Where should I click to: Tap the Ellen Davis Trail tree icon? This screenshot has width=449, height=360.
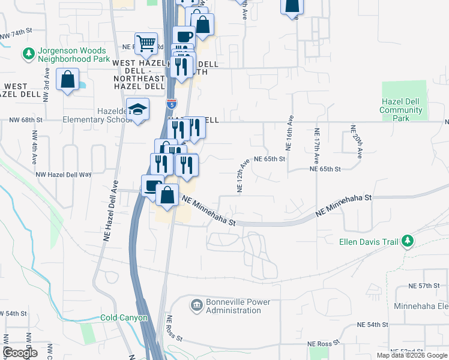pos(408,241)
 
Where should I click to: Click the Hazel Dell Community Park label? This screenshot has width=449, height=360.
pos(401,110)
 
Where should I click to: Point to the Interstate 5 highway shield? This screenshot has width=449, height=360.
pos(172,103)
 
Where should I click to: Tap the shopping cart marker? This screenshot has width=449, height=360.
pos(145,43)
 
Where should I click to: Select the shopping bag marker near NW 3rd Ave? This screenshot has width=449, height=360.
pos(68,79)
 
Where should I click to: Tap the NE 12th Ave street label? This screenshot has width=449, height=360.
pos(241,176)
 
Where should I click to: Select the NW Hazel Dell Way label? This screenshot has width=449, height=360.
pos(63,174)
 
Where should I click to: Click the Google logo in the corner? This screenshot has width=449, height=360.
pos(19,352)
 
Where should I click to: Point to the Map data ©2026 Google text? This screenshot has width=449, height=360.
pos(412,355)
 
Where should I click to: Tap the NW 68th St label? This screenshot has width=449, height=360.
pos(26,120)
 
